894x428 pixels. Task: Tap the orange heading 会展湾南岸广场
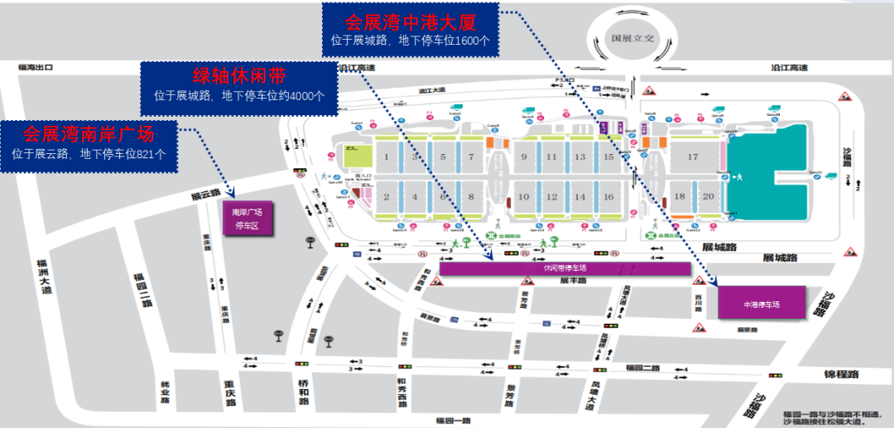pos(89,133)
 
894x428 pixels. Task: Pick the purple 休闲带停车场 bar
pos(565,268)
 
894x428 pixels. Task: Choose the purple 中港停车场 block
pos(761,303)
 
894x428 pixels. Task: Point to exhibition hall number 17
pos(693,157)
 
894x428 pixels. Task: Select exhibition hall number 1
pos(387,157)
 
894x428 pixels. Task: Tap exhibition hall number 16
pos(608,197)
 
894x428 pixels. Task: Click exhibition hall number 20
pos(708,197)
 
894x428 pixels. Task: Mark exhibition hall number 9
pos(524,157)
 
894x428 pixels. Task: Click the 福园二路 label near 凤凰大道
pos(642,367)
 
